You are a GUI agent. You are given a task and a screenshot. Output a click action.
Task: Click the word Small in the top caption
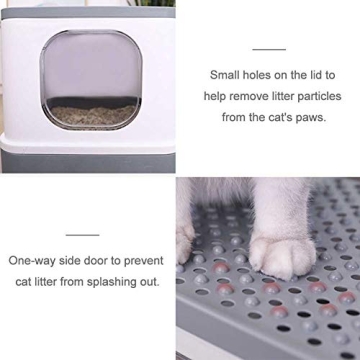[225, 74]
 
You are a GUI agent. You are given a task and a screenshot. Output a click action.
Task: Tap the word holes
[261, 74]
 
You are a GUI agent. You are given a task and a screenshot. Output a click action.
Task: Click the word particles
[319, 95]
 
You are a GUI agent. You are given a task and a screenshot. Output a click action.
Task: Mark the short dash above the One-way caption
[82, 234]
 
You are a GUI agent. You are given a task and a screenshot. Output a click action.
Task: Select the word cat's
[283, 116]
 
